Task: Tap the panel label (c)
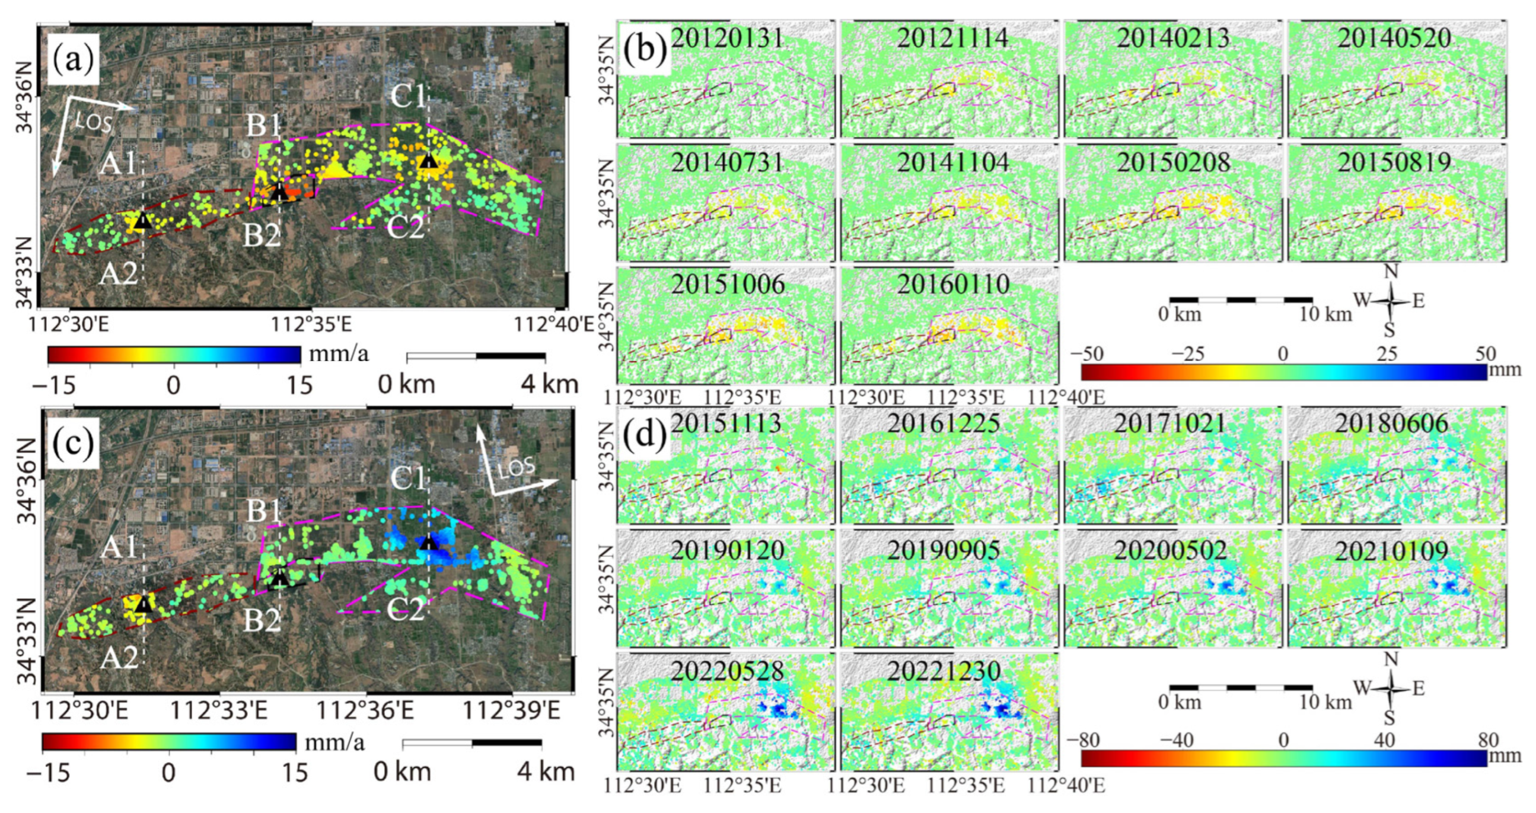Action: (x=74, y=444)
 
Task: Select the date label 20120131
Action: (x=726, y=38)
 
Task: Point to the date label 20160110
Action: (x=953, y=284)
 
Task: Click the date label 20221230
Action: (x=944, y=672)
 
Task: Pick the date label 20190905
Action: (x=944, y=550)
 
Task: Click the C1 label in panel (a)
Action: (x=409, y=95)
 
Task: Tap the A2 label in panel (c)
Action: (x=119, y=658)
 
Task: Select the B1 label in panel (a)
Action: (x=263, y=125)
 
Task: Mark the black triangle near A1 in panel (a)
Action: (x=142, y=221)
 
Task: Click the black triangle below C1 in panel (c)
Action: (x=428, y=543)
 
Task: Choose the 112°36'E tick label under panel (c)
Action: (x=364, y=710)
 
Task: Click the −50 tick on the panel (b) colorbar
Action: (x=1086, y=353)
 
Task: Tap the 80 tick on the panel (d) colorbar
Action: (x=1489, y=739)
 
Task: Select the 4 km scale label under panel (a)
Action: (x=549, y=384)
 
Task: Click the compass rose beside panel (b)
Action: (x=1391, y=301)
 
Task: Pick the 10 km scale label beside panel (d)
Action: (x=1325, y=702)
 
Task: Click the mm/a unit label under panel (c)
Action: (x=334, y=742)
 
